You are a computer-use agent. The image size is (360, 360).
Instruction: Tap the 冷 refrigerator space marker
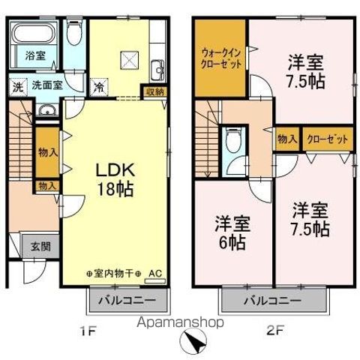pos(97,85)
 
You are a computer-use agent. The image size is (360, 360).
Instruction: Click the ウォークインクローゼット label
pos(220,58)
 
